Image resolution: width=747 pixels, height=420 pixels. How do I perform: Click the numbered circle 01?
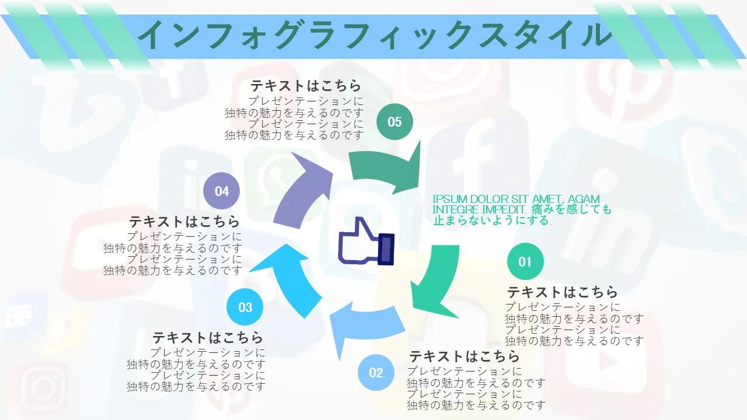(525, 261)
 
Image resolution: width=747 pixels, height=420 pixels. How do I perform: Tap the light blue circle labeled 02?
(376, 372)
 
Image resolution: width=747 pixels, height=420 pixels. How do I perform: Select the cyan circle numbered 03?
(245, 307)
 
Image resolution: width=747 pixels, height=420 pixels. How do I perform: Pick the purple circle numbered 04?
(221, 191)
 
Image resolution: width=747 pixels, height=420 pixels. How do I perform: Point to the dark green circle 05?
(395, 122)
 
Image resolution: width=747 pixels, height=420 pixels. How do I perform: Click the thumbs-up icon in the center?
(366, 241)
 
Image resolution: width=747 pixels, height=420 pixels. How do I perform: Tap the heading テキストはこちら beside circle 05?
(305, 86)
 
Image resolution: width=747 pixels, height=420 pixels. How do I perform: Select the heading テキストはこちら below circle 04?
(184, 221)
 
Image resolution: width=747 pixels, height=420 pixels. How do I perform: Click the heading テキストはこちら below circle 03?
(208, 338)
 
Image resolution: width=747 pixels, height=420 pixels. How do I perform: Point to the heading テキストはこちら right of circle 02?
(464, 356)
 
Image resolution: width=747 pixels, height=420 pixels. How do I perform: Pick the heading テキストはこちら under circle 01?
(562, 292)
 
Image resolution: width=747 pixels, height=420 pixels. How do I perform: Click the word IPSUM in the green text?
(450, 199)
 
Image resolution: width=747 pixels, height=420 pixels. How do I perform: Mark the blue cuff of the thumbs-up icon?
(386, 249)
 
